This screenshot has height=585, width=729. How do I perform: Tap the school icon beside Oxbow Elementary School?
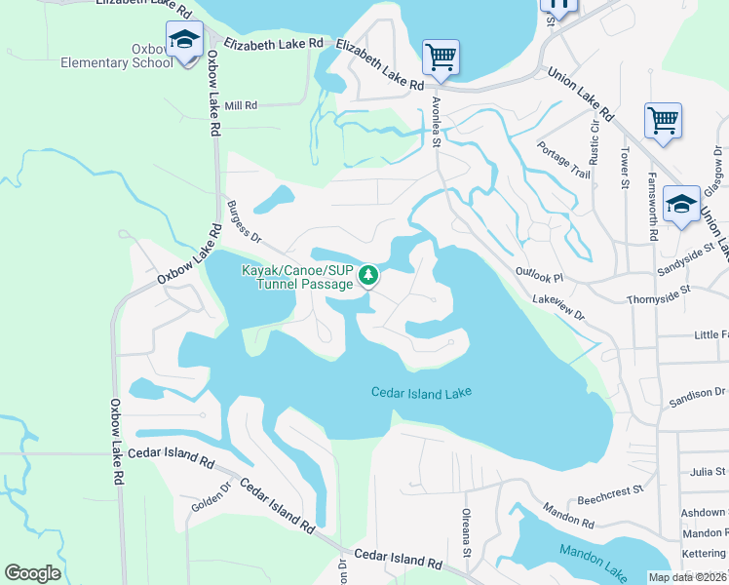coord(184,42)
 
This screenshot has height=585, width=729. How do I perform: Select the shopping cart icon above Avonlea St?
coord(441,57)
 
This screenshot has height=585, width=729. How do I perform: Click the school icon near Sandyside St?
coord(681,205)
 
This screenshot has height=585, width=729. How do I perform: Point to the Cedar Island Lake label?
coord(421,392)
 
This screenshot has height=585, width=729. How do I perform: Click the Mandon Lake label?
coord(593,552)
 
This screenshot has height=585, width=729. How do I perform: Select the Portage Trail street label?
coord(563,160)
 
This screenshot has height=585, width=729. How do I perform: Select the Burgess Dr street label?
coord(245,223)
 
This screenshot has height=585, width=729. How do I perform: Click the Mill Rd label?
coord(240,105)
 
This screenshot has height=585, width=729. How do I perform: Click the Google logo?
coord(32,573)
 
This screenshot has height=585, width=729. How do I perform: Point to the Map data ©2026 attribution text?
coord(687,577)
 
